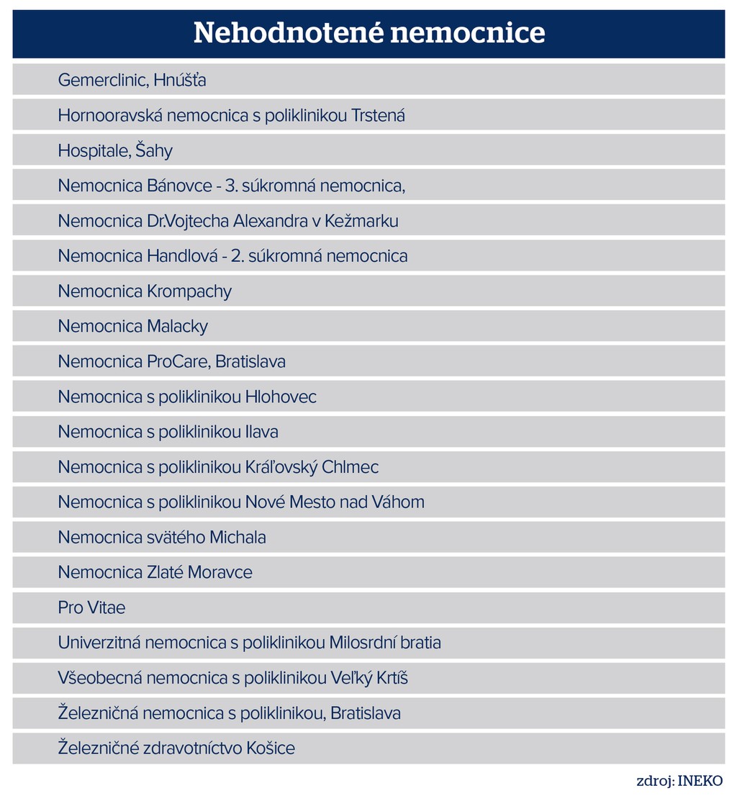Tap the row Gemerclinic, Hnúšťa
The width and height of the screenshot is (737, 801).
[x=132, y=80]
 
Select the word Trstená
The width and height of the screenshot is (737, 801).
[x=378, y=115]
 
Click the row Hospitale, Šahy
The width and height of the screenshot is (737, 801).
[x=115, y=150]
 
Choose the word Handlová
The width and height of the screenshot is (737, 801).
[x=178, y=256]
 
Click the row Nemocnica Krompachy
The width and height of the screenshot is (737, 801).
[x=145, y=291]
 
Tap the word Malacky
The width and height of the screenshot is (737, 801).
[x=177, y=327]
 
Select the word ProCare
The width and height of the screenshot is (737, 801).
[x=176, y=361]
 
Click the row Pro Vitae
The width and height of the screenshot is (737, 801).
[x=91, y=608]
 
